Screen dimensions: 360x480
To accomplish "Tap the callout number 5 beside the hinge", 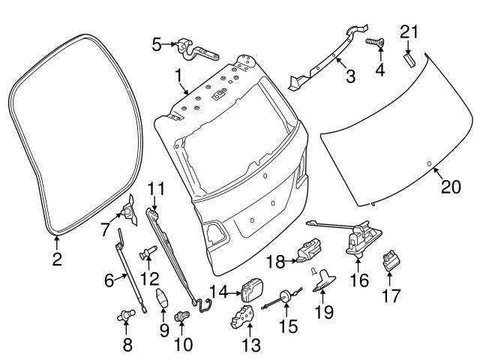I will pos(157,44).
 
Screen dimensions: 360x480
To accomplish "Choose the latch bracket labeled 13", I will pos(243,318).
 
